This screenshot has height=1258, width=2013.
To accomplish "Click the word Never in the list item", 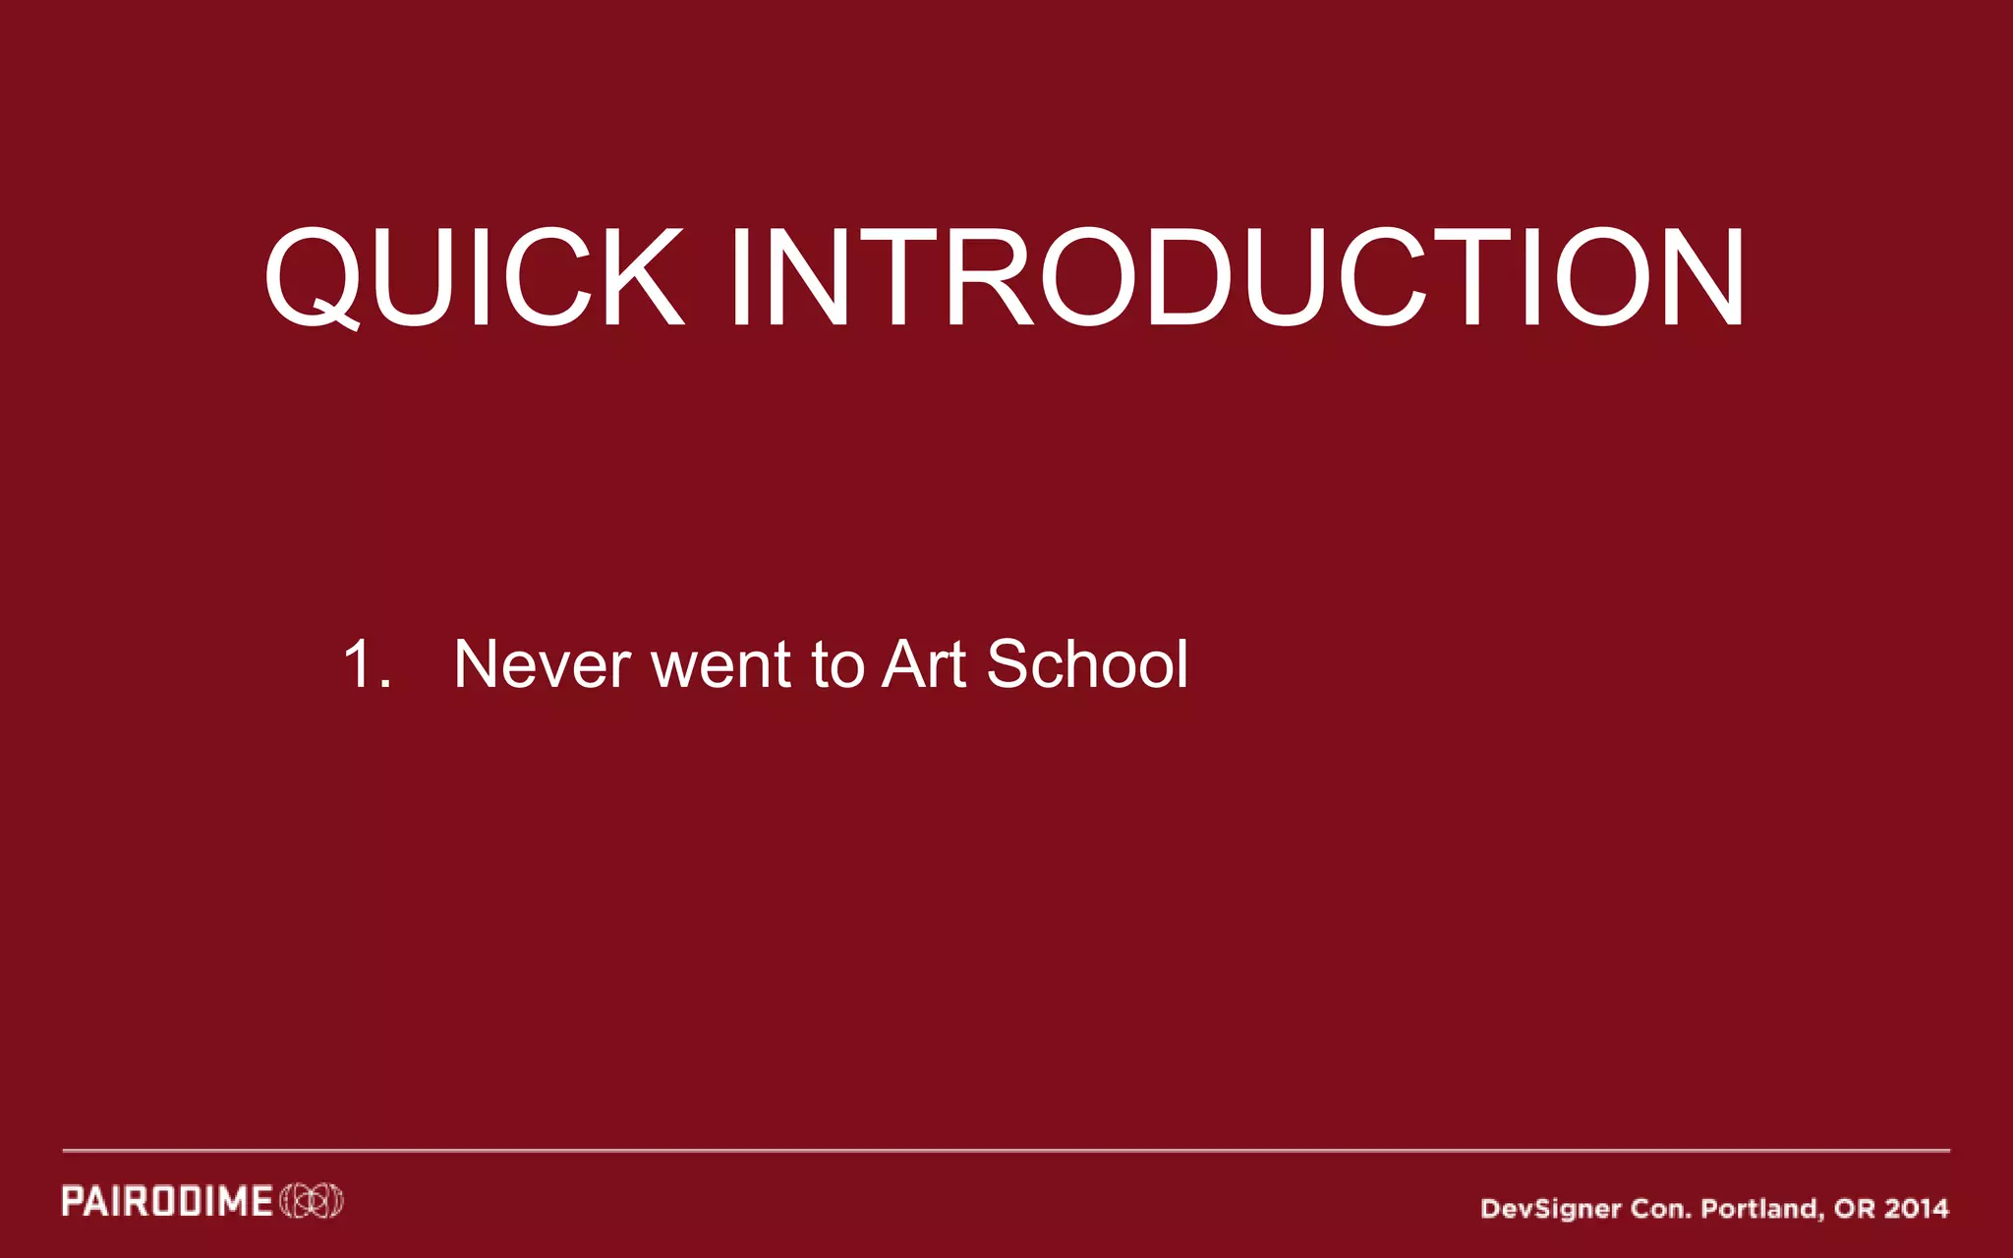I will click(x=542, y=664).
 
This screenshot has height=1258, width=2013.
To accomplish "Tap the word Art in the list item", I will click(x=924, y=664).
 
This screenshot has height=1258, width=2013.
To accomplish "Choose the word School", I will click(x=1086, y=664).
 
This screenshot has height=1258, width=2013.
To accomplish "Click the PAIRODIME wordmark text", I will click(x=167, y=1201).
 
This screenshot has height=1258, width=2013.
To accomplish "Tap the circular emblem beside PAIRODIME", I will click(x=312, y=1201).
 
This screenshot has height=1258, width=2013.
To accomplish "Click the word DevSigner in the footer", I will click(x=1550, y=1208).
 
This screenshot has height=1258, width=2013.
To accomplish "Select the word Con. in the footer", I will click(x=1661, y=1208).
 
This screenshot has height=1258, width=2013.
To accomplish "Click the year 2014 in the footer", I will click(x=1917, y=1208).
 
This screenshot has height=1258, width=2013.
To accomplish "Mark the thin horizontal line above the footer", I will click(x=1006, y=1149).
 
